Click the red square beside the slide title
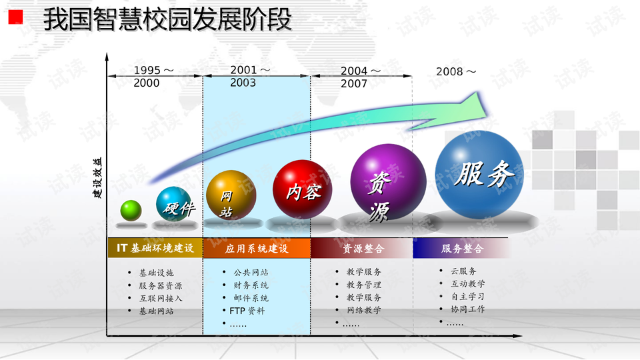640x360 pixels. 15,17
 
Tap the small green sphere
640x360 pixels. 131,211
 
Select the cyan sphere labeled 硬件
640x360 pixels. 174,204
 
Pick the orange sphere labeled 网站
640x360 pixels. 231,195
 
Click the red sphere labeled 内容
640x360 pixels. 303,189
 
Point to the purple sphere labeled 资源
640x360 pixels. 388,182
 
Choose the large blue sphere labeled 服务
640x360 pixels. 479,175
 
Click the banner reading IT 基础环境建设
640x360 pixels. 155,248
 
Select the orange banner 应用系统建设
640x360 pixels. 257,248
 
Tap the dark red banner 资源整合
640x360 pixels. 361,248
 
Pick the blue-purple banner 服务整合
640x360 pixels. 461,248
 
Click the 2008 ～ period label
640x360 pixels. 456,72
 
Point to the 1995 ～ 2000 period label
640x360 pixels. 153,77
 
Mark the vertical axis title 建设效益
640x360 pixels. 97,178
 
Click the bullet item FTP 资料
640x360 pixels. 247,311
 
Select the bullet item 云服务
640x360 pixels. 463,271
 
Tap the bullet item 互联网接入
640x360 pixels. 161,299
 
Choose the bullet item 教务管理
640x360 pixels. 364,285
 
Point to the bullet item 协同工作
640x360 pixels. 468,309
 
